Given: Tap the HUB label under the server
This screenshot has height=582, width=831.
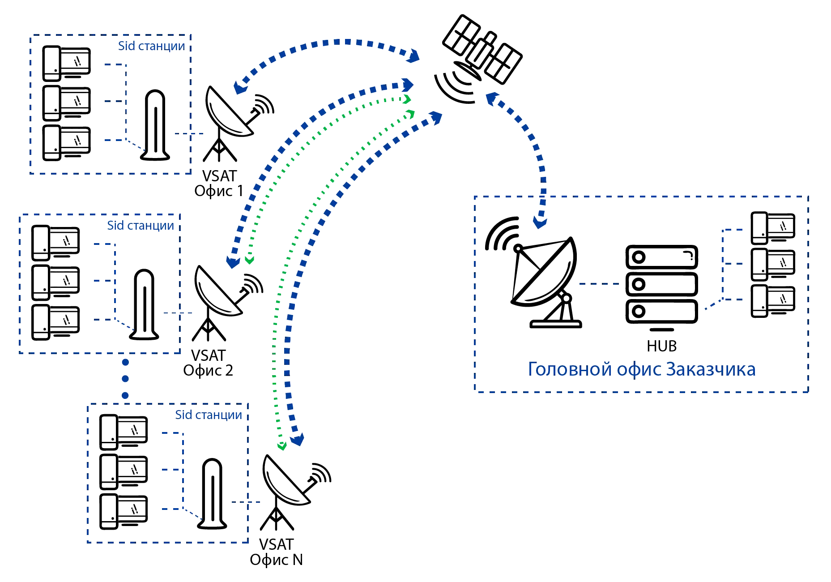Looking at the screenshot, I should click(x=661, y=346).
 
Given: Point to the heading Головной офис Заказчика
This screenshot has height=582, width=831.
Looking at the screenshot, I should click(x=641, y=370).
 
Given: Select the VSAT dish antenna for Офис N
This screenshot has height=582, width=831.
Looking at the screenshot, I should click(x=289, y=486).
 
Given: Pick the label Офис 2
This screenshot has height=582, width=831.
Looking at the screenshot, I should click(x=208, y=370).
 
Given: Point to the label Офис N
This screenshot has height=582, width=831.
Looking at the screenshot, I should click(x=275, y=560).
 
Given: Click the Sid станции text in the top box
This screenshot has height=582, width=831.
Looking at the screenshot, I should click(x=152, y=46).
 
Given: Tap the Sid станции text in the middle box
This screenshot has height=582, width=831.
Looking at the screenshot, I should click(x=141, y=225).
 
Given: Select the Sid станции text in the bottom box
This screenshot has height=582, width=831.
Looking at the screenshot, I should click(x=209, y=415).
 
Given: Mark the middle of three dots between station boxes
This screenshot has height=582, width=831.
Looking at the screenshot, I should click(x=125, y=379).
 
